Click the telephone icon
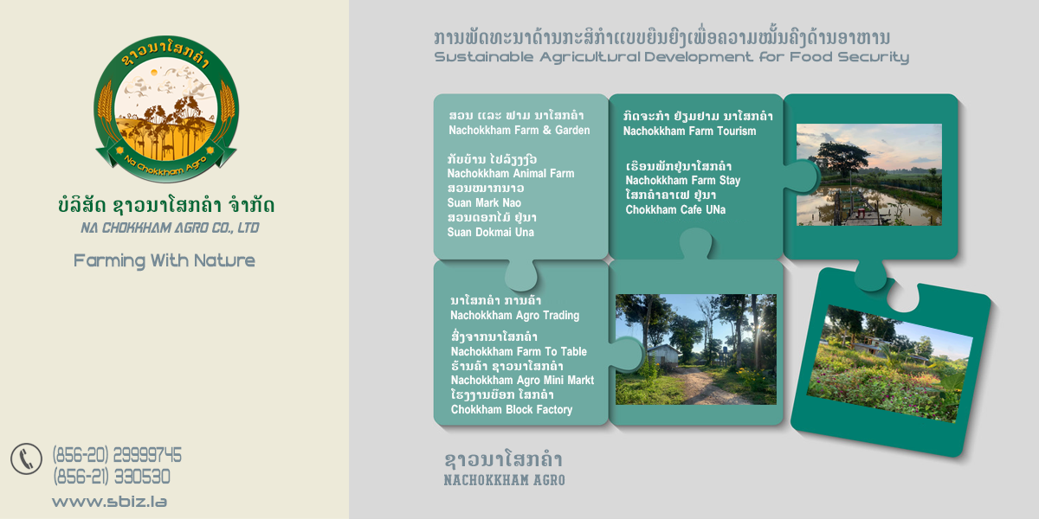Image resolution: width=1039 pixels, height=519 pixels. [27, 458]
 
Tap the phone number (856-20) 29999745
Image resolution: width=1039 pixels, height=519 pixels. [117, 455]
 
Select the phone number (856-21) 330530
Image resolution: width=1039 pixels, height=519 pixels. [112, 477]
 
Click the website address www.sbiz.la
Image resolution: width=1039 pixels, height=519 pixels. [109, 502]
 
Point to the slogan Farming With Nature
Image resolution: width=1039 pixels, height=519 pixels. [165, 261]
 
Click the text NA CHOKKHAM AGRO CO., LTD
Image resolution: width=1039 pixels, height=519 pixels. [170, 228]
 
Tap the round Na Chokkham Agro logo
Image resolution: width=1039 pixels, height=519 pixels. [166, 109]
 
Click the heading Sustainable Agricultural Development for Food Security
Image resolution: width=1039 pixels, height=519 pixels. [671, 57]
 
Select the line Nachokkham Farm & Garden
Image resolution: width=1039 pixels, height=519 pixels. [519, 131]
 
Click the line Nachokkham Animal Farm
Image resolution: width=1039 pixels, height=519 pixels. [511, 174]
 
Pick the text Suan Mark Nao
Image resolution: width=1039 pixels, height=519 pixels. [484, 203]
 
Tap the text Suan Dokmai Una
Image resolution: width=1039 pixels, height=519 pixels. [491, 232]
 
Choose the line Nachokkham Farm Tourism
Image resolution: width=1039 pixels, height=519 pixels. [689, 131]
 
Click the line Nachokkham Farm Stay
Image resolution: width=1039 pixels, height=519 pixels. [683, 180]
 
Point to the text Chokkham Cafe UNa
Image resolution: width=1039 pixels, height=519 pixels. [675, 210]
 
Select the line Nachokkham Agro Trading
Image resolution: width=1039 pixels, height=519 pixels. [515, 316]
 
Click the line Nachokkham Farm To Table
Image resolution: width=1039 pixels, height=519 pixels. [519, 352]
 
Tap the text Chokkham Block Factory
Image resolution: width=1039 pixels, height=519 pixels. [512, 410]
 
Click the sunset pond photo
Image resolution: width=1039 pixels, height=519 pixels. [869, 175]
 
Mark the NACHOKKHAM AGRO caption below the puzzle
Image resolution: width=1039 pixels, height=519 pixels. [504, 480]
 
